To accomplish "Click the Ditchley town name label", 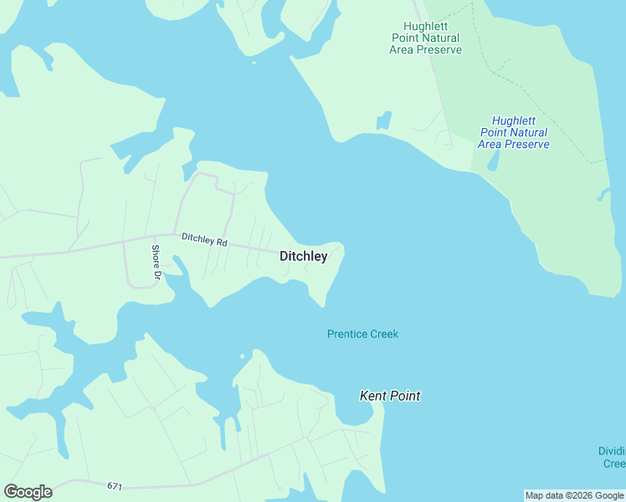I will click(x=303, y=257).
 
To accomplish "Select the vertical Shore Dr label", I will click(x=156, y=262).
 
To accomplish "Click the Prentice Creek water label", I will click(x=362, y=334).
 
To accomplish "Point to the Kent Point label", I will click(x=389, y=396).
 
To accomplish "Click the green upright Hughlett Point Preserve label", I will click(x=425, y=38).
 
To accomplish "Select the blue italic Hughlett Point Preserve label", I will click(x=513, y=132).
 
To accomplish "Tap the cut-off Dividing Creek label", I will click(x=613, y=457).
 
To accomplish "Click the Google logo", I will click(x=28, y=492).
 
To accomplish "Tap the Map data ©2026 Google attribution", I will click(x=574, y=495).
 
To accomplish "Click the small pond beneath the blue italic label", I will click(x=493, y=160).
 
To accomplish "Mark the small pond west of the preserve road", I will click(x=384, y=120).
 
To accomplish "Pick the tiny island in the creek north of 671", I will click(x=242, y=356).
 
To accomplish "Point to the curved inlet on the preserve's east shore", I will click(x=603, y=195).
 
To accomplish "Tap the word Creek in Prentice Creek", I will click(x=384, y=334).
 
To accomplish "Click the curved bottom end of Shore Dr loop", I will click(x=144, y=286).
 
